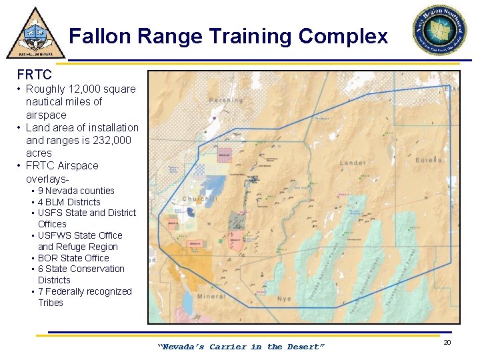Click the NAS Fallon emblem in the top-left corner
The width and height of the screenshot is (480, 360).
(x=35, y=33)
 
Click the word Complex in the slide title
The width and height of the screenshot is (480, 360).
(x=343, y=36)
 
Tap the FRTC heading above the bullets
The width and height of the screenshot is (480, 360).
(x=35, y=75)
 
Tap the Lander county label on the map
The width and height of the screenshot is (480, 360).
(x=352, y=163)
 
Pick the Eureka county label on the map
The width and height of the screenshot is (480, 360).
(x=427, y=160)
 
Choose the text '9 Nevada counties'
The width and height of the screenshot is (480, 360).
(x=76, y=191)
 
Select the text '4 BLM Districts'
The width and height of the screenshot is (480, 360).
(x=69, y=202)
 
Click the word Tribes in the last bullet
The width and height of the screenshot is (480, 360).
(x=51, y=303)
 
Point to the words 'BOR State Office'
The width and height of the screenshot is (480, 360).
(x=73, y=258)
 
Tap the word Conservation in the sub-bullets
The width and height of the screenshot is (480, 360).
(x=97, y=269)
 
